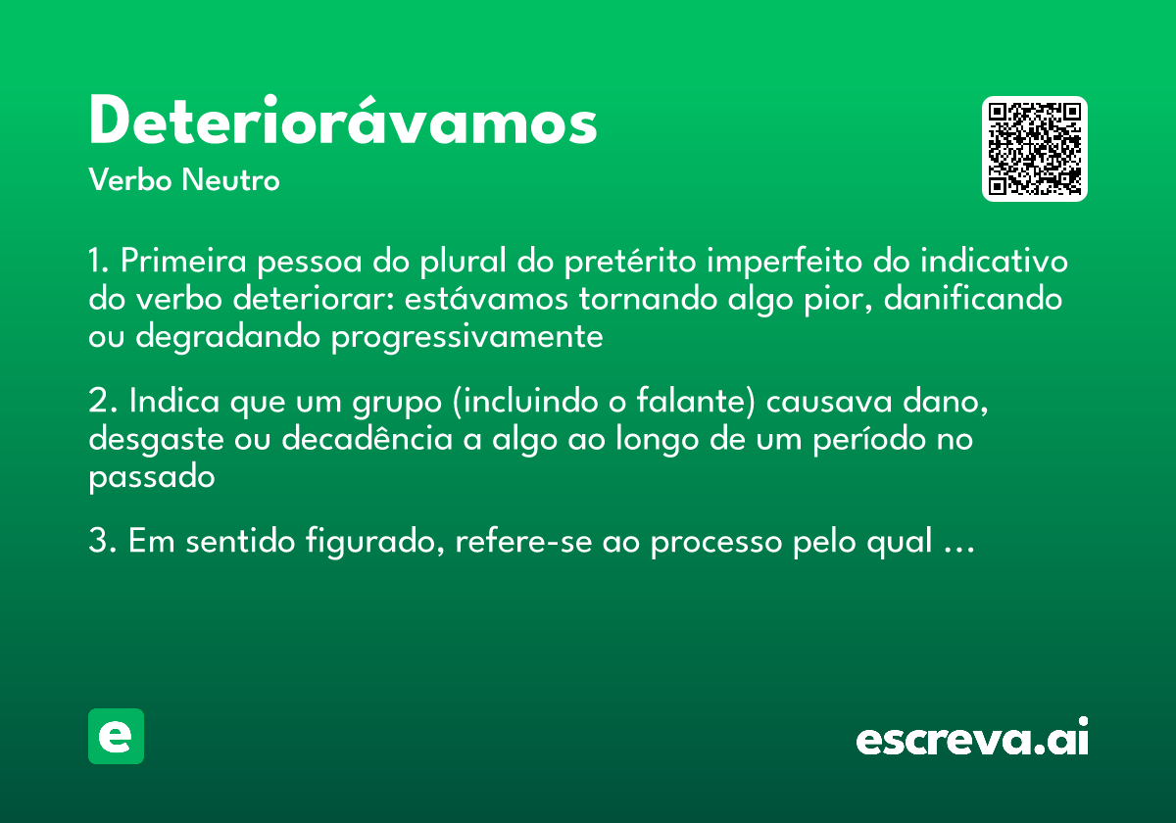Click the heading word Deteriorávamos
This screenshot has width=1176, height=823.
pyautogui.click(x=342, y=121)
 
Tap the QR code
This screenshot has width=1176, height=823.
pyautogui.click(x=1035, y=149)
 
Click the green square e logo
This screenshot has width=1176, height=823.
pyautogui.click(x=116, y=736)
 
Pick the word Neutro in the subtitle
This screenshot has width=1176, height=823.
pyautogui.click(x=230, y=180)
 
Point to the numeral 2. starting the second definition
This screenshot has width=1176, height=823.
pyautogui.click(x=103, y=403)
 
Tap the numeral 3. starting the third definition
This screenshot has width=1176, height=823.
pyautogui.click(x=103, y=541)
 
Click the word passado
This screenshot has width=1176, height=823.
pyautogui.click(x=151, y=477)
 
